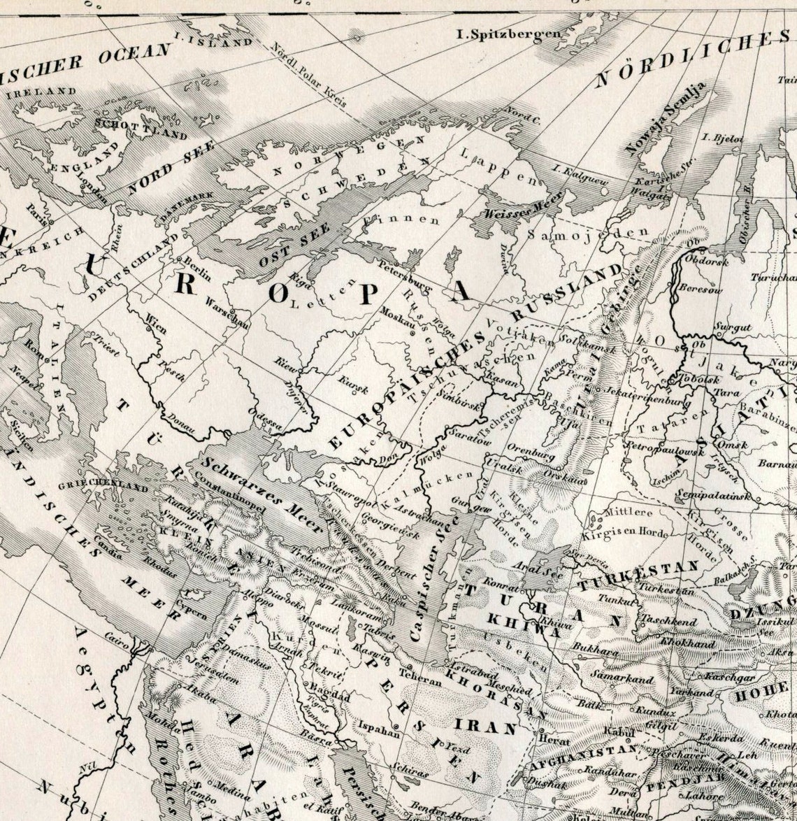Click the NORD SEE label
[161, 173]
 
